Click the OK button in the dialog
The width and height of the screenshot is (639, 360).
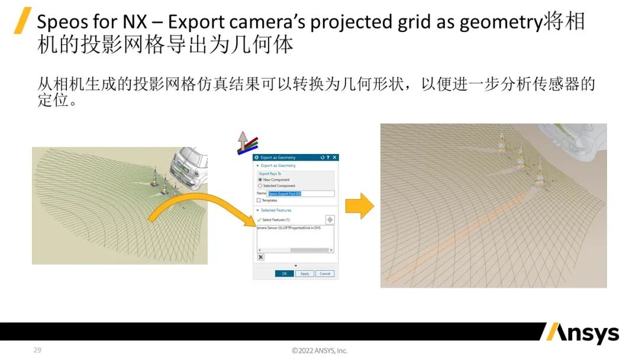tap(284, 274)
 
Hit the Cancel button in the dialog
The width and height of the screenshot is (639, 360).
tap(324, 274)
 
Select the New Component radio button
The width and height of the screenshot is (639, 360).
tap(260, 179)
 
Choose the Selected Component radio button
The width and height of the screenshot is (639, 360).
tap(260, 186)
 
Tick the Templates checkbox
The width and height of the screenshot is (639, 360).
tap(259, 200)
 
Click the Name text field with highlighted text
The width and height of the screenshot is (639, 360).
tap(301, 194)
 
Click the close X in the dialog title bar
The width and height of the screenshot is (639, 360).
tap(335, 157)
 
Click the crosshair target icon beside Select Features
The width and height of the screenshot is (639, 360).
tap(330, 220)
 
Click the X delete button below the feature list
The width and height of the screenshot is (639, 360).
tap(261, 257)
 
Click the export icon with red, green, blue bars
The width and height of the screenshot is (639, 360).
tap(243, 143)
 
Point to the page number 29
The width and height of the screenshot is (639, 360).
tap(37, 351)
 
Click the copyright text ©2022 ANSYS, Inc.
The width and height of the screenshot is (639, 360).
tap(319, 351)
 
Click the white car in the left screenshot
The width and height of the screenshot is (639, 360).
tap(190, 163)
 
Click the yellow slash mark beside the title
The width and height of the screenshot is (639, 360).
tap(22, 21)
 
